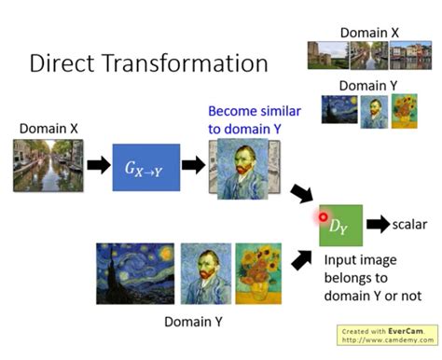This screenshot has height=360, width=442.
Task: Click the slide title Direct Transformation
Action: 148,63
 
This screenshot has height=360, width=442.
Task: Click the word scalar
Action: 410,226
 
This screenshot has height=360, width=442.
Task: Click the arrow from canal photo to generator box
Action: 97,166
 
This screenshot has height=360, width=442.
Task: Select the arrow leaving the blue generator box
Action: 192,166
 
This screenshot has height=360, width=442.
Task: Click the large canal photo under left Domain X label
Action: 48,166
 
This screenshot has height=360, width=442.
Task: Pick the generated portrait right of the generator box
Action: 241,167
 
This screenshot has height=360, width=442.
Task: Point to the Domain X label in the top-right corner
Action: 369,33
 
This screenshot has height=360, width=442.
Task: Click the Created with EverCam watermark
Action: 385,334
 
